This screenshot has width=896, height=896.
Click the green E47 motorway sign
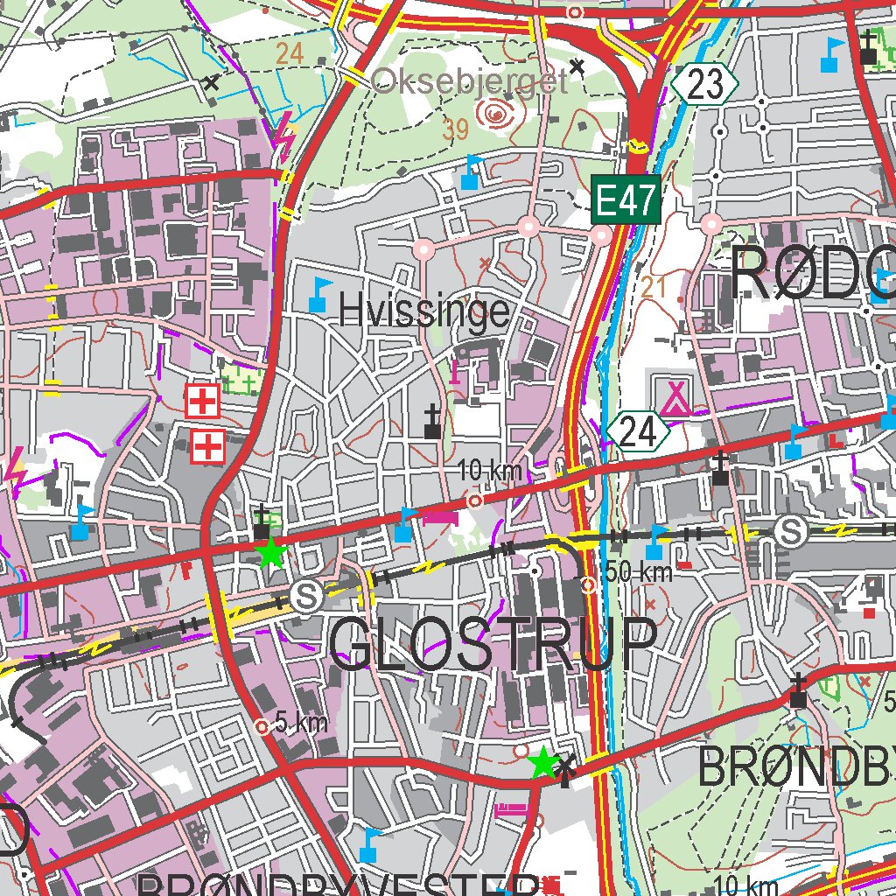[625, 201]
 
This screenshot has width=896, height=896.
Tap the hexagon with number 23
[705, 85]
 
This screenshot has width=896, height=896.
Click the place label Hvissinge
[423, 310]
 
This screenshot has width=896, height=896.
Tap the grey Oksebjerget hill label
[469, 82]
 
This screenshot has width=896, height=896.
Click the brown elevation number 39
[455, 130]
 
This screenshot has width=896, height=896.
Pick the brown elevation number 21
[653, 288]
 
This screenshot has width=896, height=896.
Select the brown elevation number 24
[289, 53]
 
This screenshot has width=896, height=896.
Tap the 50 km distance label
[639, 572]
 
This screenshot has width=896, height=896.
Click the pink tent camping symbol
[675, 397]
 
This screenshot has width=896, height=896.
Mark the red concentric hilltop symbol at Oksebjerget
[496, 112]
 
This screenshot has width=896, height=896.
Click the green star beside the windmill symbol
[542, 763]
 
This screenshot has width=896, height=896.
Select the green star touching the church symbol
[271, 553]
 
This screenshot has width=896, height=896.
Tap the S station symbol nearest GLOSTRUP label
[305, 595]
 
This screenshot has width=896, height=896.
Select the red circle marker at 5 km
[261, 726]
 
